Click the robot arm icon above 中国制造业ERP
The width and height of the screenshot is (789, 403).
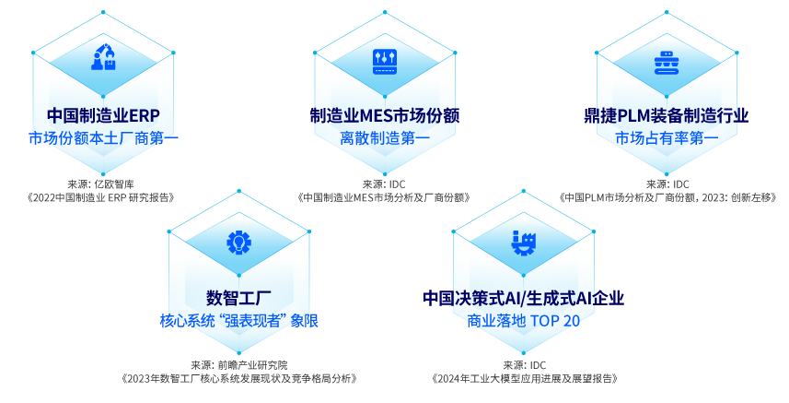pyautogui.click(x=103, y=57)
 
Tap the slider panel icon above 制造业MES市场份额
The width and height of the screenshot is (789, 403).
pyautogui.click(x=385, y=62)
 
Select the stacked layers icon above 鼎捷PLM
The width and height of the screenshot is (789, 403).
pyautogui.click(x=667, y=63)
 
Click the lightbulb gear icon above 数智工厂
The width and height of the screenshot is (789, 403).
pyautogui.click(x=239, y=243)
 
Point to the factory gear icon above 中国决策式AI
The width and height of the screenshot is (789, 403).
pyautogui.click(x=523, y=243)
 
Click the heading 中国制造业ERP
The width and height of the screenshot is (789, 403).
pyautogui.click(x=103, y=115)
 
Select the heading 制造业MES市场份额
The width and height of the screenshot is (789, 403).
pyautogui.click(x=385, y=115)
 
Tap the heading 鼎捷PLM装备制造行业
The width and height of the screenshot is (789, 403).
pyautogui.click(x=667, y=115)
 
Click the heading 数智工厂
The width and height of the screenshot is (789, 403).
pyautogui.click(x=239, y=298)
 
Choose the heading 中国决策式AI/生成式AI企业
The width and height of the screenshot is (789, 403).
pyautogui.click(x=523, y=298)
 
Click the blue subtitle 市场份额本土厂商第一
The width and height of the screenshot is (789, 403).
pyautogui.click(x=103, y=138)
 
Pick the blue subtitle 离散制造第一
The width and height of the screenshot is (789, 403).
pyautogui.click(x=385, y=138)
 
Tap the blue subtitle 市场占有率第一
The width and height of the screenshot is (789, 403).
pyautogui.click(x=667, y=138)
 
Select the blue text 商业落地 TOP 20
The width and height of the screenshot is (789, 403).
pyautogui.click(x=523, y=320)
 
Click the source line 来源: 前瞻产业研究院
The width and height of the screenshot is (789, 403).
pyautogui.click(x=239, y=365)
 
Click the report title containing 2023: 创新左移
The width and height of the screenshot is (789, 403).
pyautogui.click(x=667, y=197)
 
